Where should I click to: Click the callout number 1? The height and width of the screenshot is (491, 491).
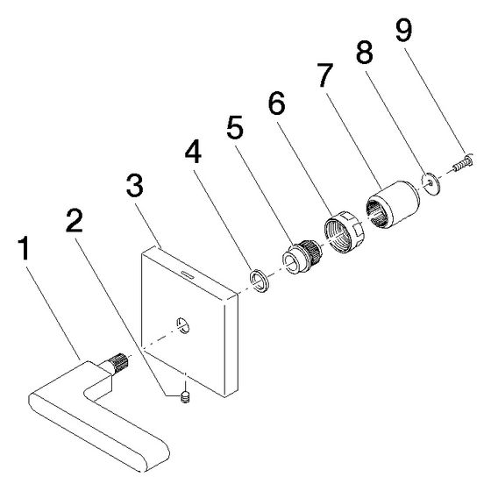(x=24, y=248)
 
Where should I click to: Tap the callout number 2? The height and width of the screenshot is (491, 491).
(x=75, y=221)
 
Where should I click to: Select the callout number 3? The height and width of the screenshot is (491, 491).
(x=135, y=186)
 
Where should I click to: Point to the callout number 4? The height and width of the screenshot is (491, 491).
(x=193, y=151)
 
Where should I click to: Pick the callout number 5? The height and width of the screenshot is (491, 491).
(x=235, y=127)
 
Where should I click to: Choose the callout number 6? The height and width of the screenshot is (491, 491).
(x=277, y=103)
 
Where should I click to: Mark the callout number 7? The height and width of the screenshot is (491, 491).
(x=324, y=75)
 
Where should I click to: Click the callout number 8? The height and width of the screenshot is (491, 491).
(x=365, y=52)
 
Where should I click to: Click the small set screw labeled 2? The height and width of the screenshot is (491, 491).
(x=186, y=397)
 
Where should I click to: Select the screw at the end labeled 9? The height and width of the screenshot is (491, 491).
(x=463, y=163)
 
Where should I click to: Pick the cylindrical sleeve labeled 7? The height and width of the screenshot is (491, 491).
(x=393, y=204)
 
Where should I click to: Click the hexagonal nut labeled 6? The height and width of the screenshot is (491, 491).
(x=344, y=231)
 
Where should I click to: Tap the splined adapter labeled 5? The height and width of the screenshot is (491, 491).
(x=302, y=256)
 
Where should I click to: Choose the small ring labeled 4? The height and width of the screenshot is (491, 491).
(x=259, y=280)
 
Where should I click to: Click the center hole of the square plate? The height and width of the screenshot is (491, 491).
(x=182, y=325)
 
